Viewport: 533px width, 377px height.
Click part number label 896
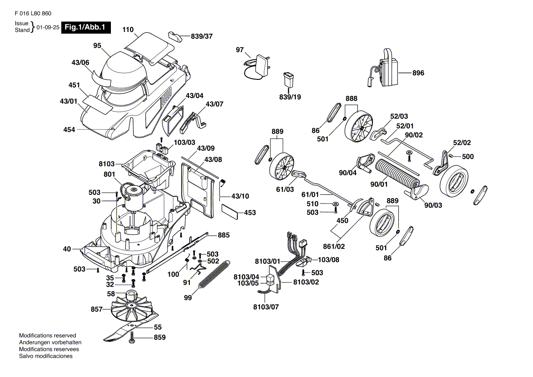[x=418, y=73]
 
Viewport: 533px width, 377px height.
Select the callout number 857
[x=97, y=309]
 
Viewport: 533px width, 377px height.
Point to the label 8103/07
[x=266, y=307]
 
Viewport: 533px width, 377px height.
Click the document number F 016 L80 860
[x=30, y=13]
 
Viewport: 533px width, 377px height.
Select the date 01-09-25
[x=48, y=27]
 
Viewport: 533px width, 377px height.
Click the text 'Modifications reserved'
[x=47, y=335]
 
